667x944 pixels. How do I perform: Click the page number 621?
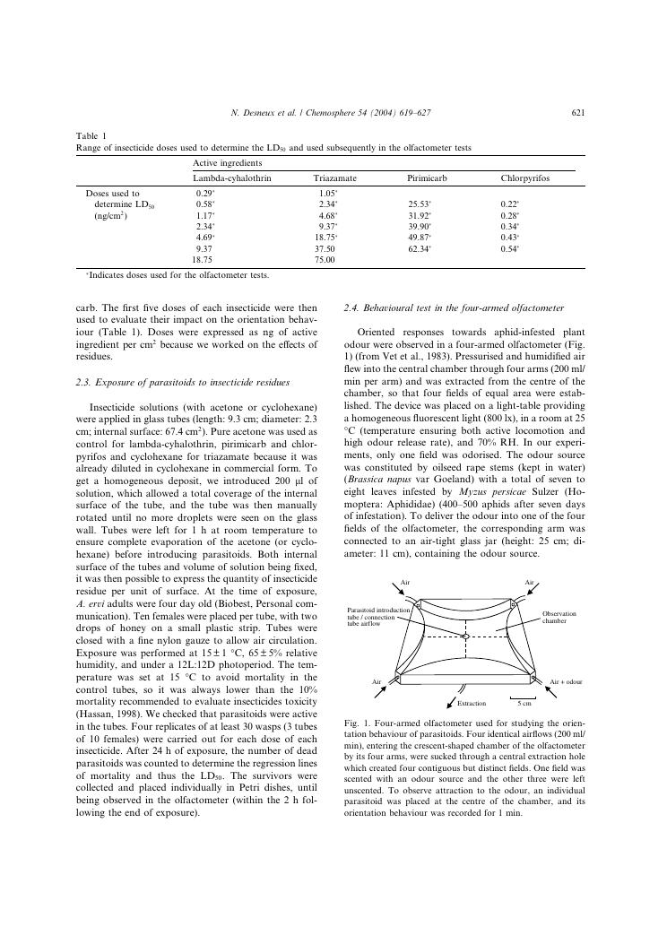click(x=578, y=113)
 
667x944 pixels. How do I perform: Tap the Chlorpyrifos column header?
click(x=525, y=179)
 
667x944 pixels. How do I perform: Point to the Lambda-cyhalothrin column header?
click(x=232, y=179)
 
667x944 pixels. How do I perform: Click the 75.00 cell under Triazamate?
click(x=325, y=259)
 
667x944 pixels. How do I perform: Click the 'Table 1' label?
click(x=91, y=136)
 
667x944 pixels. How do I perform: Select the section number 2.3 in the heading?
click(x=84, y=383)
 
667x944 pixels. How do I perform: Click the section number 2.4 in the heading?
click(x=351, y=308)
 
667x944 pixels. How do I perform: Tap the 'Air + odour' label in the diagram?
click(x=566, y=682)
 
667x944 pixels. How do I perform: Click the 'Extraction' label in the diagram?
click(x=472, y=704)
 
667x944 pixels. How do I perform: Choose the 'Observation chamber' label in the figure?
click(x=559, y=618)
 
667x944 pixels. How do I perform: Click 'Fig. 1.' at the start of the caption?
click(x=357, y=722)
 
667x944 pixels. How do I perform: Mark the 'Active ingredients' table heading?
click(x=223, y=162)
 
